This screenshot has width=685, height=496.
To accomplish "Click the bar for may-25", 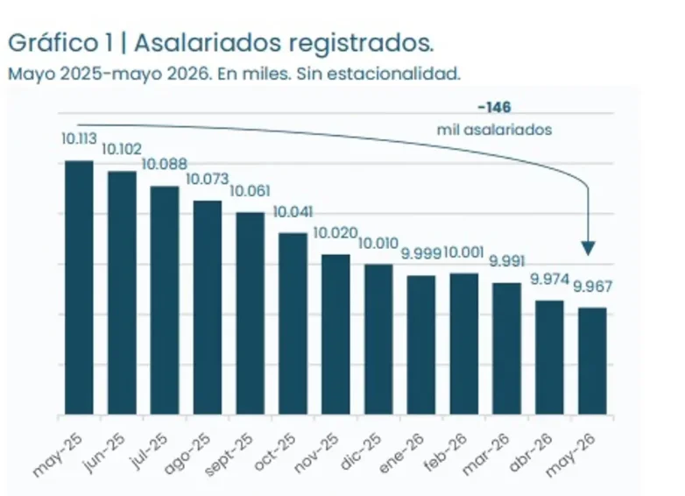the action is coord(79,287).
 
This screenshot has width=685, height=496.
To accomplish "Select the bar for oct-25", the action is coord(293,324).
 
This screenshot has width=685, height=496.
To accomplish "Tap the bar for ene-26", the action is coord(421,344).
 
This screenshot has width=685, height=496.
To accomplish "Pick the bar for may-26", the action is coord(592,361).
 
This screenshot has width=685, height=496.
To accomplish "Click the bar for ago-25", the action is coord(208,308).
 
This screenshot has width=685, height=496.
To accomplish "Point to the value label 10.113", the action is coord(79,139).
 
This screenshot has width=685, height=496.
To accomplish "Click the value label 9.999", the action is coord(420,253).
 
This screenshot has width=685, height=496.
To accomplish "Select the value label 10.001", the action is coord(464,252).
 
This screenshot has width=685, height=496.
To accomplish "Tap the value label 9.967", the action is coord(592,287).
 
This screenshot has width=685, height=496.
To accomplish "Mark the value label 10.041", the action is coord(293,212).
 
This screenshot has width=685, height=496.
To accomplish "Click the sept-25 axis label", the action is coord(229,455).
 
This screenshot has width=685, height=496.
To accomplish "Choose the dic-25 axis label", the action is coord(361,451).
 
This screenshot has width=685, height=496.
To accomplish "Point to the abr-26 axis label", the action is coord(531,452).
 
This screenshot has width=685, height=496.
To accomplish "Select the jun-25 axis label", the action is coord(105,452).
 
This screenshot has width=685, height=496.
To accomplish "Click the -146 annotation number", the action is coord(495,107).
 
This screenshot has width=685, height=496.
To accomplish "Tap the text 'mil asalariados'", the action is coord(495,130).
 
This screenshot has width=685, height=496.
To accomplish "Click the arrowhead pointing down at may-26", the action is coord(589,248).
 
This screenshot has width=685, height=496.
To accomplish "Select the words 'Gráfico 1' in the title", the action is coord(60,44).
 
